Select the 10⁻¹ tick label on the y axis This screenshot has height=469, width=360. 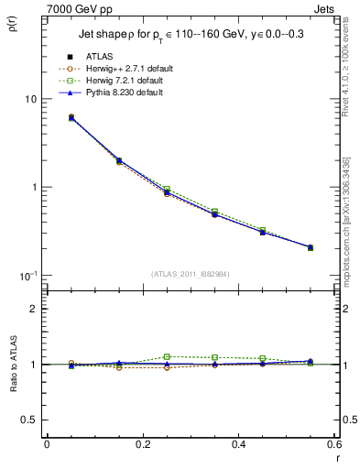(x=27, y=276)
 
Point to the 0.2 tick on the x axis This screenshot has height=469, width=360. (x=142, y=444)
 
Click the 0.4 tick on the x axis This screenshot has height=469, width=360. (x=238, y=444)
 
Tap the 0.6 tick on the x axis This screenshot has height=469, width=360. (x=333, y=444)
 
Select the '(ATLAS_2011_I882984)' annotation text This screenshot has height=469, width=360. (x=191, y=273)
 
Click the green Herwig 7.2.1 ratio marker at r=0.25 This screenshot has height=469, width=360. (x=167, y=356)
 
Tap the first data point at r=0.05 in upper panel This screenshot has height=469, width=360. (x=71, y=117)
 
